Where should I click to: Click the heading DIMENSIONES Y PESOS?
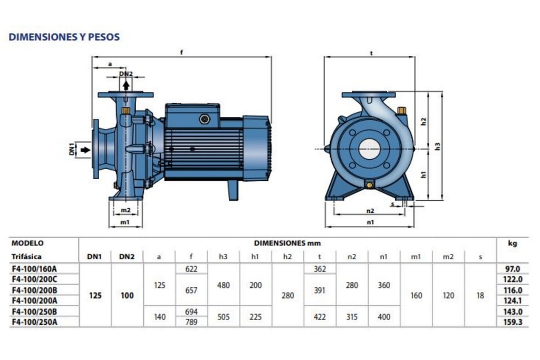64,37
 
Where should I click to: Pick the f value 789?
191,321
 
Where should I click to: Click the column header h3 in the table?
223,257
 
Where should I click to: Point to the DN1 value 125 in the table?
95,296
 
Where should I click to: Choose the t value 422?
320,317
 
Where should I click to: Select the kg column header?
512,244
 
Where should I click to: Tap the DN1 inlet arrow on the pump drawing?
85,150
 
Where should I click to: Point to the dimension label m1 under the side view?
125,222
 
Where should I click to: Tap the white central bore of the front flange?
369,149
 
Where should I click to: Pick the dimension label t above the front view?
371,53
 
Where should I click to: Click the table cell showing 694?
191,312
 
